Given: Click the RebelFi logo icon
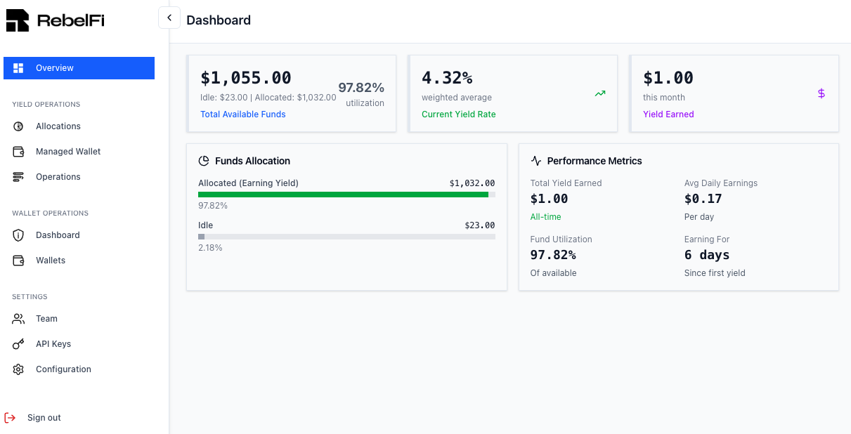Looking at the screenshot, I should coord(18,20).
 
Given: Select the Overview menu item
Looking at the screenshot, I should coord(55,68).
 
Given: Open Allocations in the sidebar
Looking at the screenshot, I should coord(58,126).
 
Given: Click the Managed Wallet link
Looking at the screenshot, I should coord(68,152).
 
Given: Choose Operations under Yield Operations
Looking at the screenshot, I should coord(58,177).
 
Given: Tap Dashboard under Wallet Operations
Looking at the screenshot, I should coord(58,235).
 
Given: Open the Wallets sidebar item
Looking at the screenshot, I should coord(51,261).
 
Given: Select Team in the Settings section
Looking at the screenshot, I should coord(46,319).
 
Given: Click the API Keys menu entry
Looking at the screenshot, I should coord(53,344).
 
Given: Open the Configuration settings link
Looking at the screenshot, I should coord(63,369).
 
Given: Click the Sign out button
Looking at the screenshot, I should coord(44,418).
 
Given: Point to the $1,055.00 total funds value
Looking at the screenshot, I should coord(246,78).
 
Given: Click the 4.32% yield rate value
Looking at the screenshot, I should coord(447,78).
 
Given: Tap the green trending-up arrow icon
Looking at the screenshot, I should coord(599,93).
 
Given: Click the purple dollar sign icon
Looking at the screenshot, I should coord(821,93).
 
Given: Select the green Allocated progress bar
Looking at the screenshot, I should coord(343,195).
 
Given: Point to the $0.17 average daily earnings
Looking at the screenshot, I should coord(703,199).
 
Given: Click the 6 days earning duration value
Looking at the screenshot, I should coord(706,255).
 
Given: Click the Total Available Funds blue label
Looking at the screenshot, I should coord(243,114).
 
